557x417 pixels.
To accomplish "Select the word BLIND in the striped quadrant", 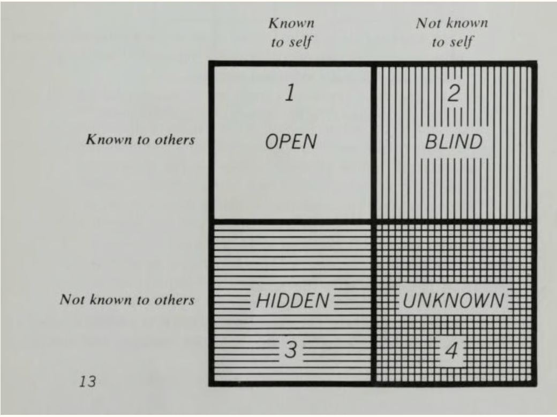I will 453,143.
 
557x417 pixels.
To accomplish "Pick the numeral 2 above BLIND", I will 453,94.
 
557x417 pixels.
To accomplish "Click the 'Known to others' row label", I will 140,141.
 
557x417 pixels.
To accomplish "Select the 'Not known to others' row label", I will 126,300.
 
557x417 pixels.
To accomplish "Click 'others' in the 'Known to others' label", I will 177,141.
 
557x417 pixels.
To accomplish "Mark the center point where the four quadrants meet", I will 372,221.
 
